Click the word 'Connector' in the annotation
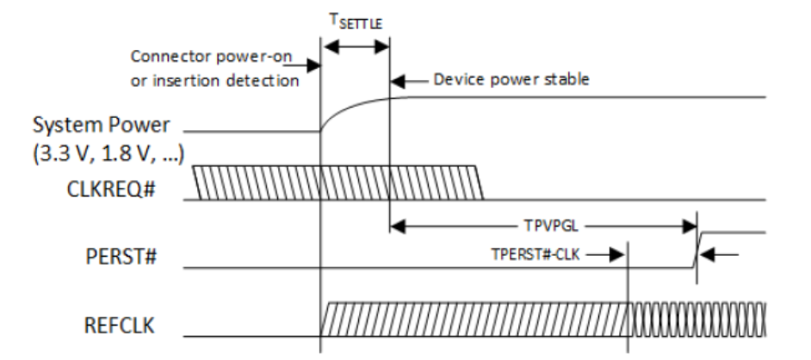[x=165, y=56]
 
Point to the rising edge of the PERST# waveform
[x=699, y=249]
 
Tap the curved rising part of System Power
[x=340, y=109]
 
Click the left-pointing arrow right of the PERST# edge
[x=721, y=253]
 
